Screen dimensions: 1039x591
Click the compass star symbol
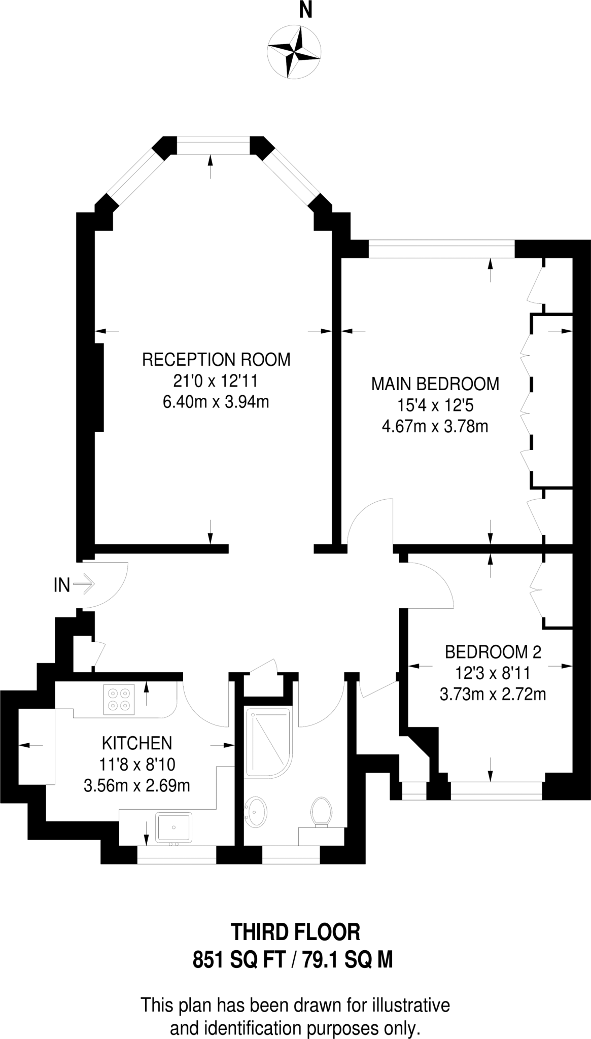(x=294, y=51)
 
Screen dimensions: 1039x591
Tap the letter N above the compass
(x=305, y=11)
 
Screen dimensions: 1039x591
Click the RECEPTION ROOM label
(x=216, y=359)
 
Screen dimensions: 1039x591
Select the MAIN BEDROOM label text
(x=435, y=384)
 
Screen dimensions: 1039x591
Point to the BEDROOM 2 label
(x=493, y=651)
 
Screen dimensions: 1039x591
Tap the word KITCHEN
(x=137, y=743)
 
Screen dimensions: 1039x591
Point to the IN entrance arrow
(x=84, y=584)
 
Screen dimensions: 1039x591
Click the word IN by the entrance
(x=61, y=585)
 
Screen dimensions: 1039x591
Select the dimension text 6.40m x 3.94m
(x=216, y=402)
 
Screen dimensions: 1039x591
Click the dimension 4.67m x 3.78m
(x=435, y=426)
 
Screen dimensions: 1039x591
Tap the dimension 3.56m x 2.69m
(x=137, y=786)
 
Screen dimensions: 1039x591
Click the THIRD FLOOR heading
(x=295, y=932)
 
